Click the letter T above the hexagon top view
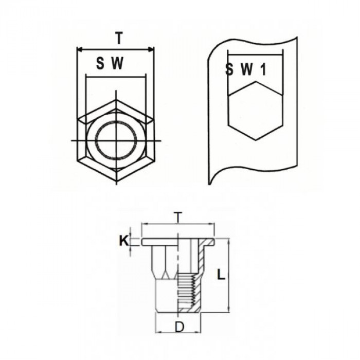pos(119,38)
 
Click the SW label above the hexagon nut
pos(111,64)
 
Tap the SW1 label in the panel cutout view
pos(246,70)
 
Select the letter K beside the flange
pos(123,240)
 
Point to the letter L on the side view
pos(221,275)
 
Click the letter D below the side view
pos(179,327)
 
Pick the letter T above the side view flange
pos(178,218)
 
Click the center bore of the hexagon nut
pos(116,140)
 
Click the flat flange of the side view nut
pos(178,242)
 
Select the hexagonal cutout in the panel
pos(255,113)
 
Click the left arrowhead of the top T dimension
pos(78,49)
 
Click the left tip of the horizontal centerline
pos(71,140)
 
